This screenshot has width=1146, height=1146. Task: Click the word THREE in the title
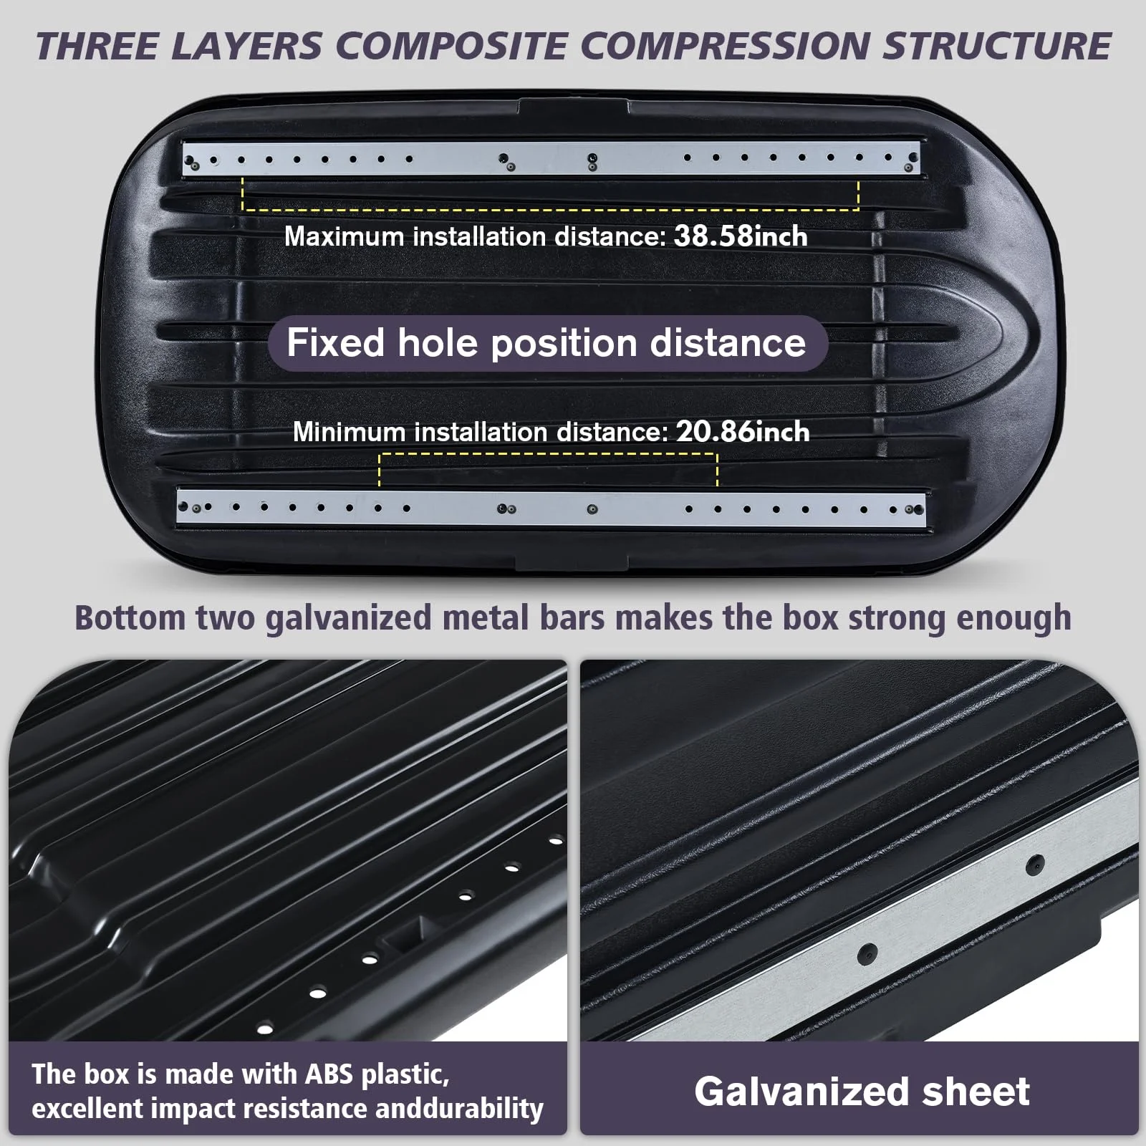pyautogui.click(x=96, y=47)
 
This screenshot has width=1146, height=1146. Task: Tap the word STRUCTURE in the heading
pyautogui.click(x=996, y=47)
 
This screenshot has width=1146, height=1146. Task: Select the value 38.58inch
pyautogui.click(x=741, y=236)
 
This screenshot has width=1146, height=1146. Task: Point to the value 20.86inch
pyautogui.click(x=743, y=432)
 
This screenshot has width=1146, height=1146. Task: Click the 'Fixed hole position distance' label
pyautogui.click(x=546, y=343)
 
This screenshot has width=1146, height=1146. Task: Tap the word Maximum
pyautogui.click(x=344, y=236)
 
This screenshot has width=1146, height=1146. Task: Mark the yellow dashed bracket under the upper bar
pyautogui.click(x=550, y=208)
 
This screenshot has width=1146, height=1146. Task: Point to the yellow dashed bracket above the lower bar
pyautogui.click(x=548, y=455)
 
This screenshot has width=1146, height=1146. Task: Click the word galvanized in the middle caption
pyautogui.click(x=348, y=618)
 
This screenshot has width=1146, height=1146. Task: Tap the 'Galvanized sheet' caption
pyautogui.click(x=861, y=1092)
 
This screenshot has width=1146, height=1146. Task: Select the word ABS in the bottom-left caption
pyautogui.click(x=329, y=1074)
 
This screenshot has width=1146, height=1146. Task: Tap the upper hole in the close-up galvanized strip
pyautogui.click(x=1034, y=865)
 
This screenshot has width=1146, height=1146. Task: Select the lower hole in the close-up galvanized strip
pyautogui.click(x=867, y=953)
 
